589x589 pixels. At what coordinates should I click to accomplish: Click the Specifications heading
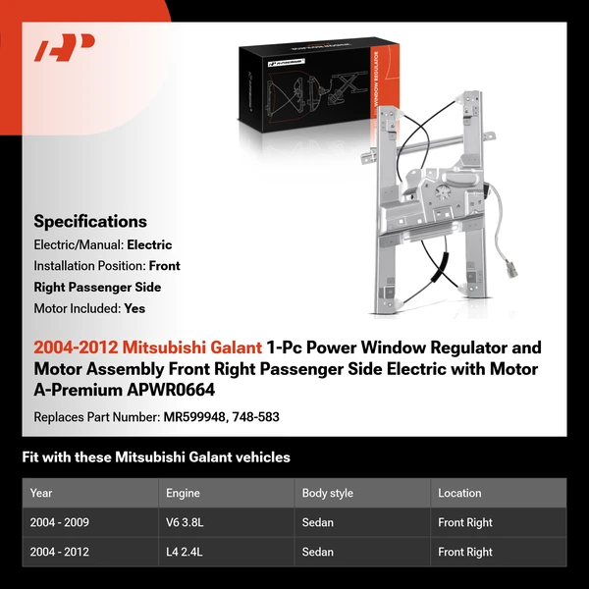pyautogui.click(x=90, y=222)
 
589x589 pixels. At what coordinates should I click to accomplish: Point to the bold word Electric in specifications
pyautogui.click(x=149, y=244)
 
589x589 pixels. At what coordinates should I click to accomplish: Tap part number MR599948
pyautogui.click(x=196, y=416)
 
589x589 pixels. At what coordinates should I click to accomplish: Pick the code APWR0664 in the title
pyautogui.click(x=170, y=390)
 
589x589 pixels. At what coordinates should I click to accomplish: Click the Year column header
pyautogui.click(x=41, y=493)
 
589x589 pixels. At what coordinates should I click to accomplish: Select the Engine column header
pyautogui.click(x=185, y=493)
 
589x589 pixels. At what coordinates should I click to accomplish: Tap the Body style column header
pyautogui.click(x=328, y=493)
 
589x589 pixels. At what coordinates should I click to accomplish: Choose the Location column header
pyautogui.click(x=459, y=493)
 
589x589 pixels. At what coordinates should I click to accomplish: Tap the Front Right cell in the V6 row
pyautogui.click(x=465, y=522)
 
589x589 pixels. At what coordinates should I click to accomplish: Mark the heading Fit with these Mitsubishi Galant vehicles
pyautogui.click(x=156, y=457)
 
